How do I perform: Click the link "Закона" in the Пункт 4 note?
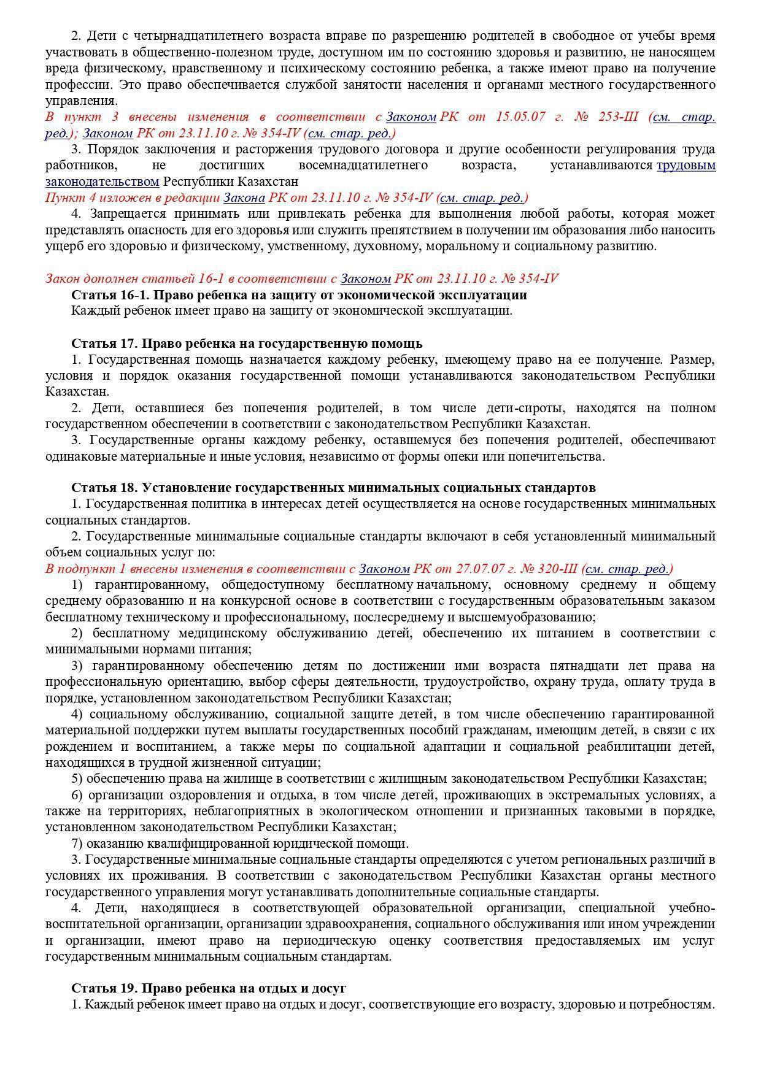tap(244, 198)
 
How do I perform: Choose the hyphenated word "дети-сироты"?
tap(512, 408)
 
